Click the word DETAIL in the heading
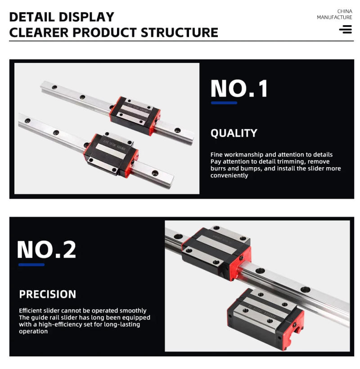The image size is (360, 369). (x=30, y=17)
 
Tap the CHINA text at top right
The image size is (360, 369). (x=344, y=11)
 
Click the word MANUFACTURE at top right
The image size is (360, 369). (x=334, y=18)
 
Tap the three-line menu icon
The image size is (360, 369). (x=346, y=30)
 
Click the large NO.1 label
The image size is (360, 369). (x=239, y=89)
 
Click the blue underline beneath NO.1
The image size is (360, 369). (x=224, y=103)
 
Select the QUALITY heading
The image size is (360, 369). (x=234, y=133)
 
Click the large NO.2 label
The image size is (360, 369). (x=46, y=250)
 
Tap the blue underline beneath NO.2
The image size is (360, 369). (x=31, y=265)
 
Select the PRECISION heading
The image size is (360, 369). (x=47, y=294)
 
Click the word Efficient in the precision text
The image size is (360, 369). (x=31, y=311)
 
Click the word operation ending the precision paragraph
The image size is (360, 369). (x=33, y=332)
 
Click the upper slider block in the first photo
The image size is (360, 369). (x=135, y=114)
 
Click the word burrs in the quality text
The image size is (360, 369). (x=218, y=169)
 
